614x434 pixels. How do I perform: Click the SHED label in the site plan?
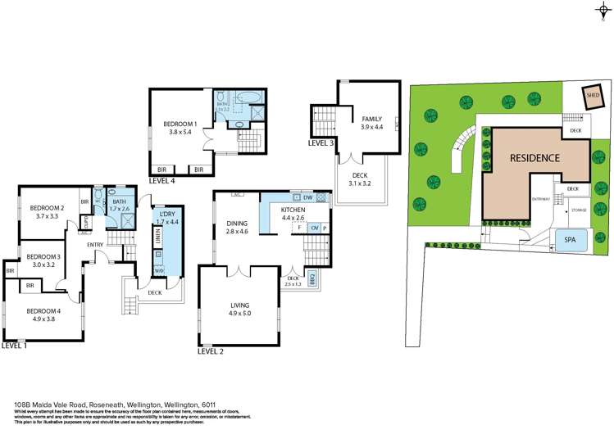(593, 95)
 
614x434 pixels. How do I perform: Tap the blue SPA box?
(568, 240)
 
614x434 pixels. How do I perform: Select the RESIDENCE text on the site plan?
(534, 157)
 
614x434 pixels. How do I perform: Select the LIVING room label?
(239, 304)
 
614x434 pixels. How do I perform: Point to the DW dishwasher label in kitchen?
(307, 198)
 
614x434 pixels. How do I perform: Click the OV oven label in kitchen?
(313, 228)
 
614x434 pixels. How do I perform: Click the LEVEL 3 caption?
(321, 142)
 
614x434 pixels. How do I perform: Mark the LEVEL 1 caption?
(14, 346)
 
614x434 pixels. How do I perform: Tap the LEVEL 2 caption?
(211, 350)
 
